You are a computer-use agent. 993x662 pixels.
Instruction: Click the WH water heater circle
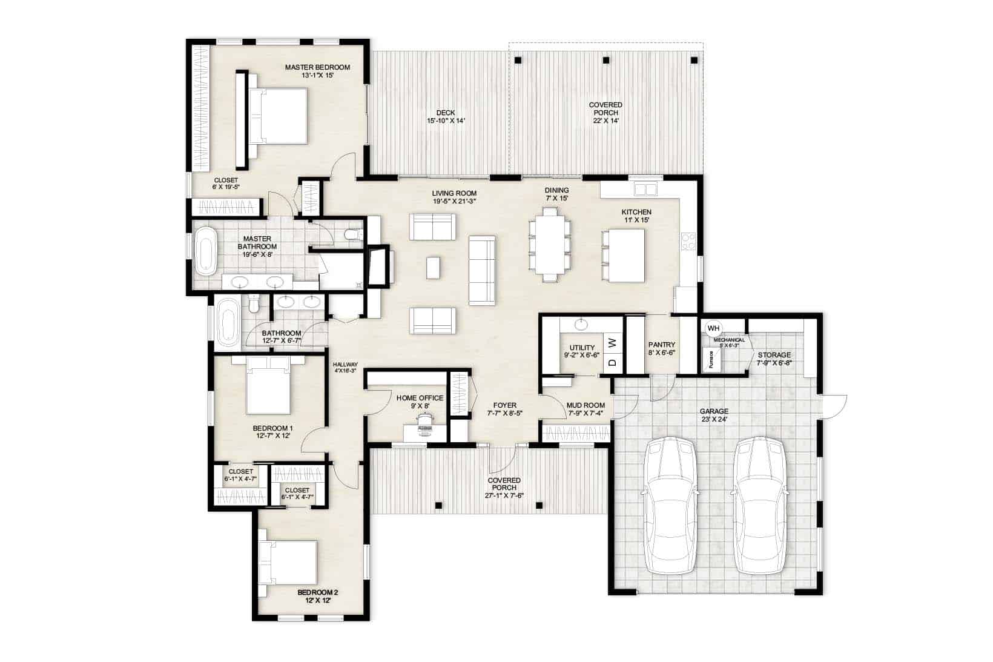point(713,328)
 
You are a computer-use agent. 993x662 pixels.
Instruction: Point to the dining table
point(550,244)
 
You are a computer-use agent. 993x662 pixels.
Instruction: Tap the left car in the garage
point(669,505)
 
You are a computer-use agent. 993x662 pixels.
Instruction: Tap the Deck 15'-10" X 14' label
point(446,116)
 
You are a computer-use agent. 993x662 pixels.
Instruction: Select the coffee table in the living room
point(433,268)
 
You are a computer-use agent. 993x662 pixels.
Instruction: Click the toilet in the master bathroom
point(352,234)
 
